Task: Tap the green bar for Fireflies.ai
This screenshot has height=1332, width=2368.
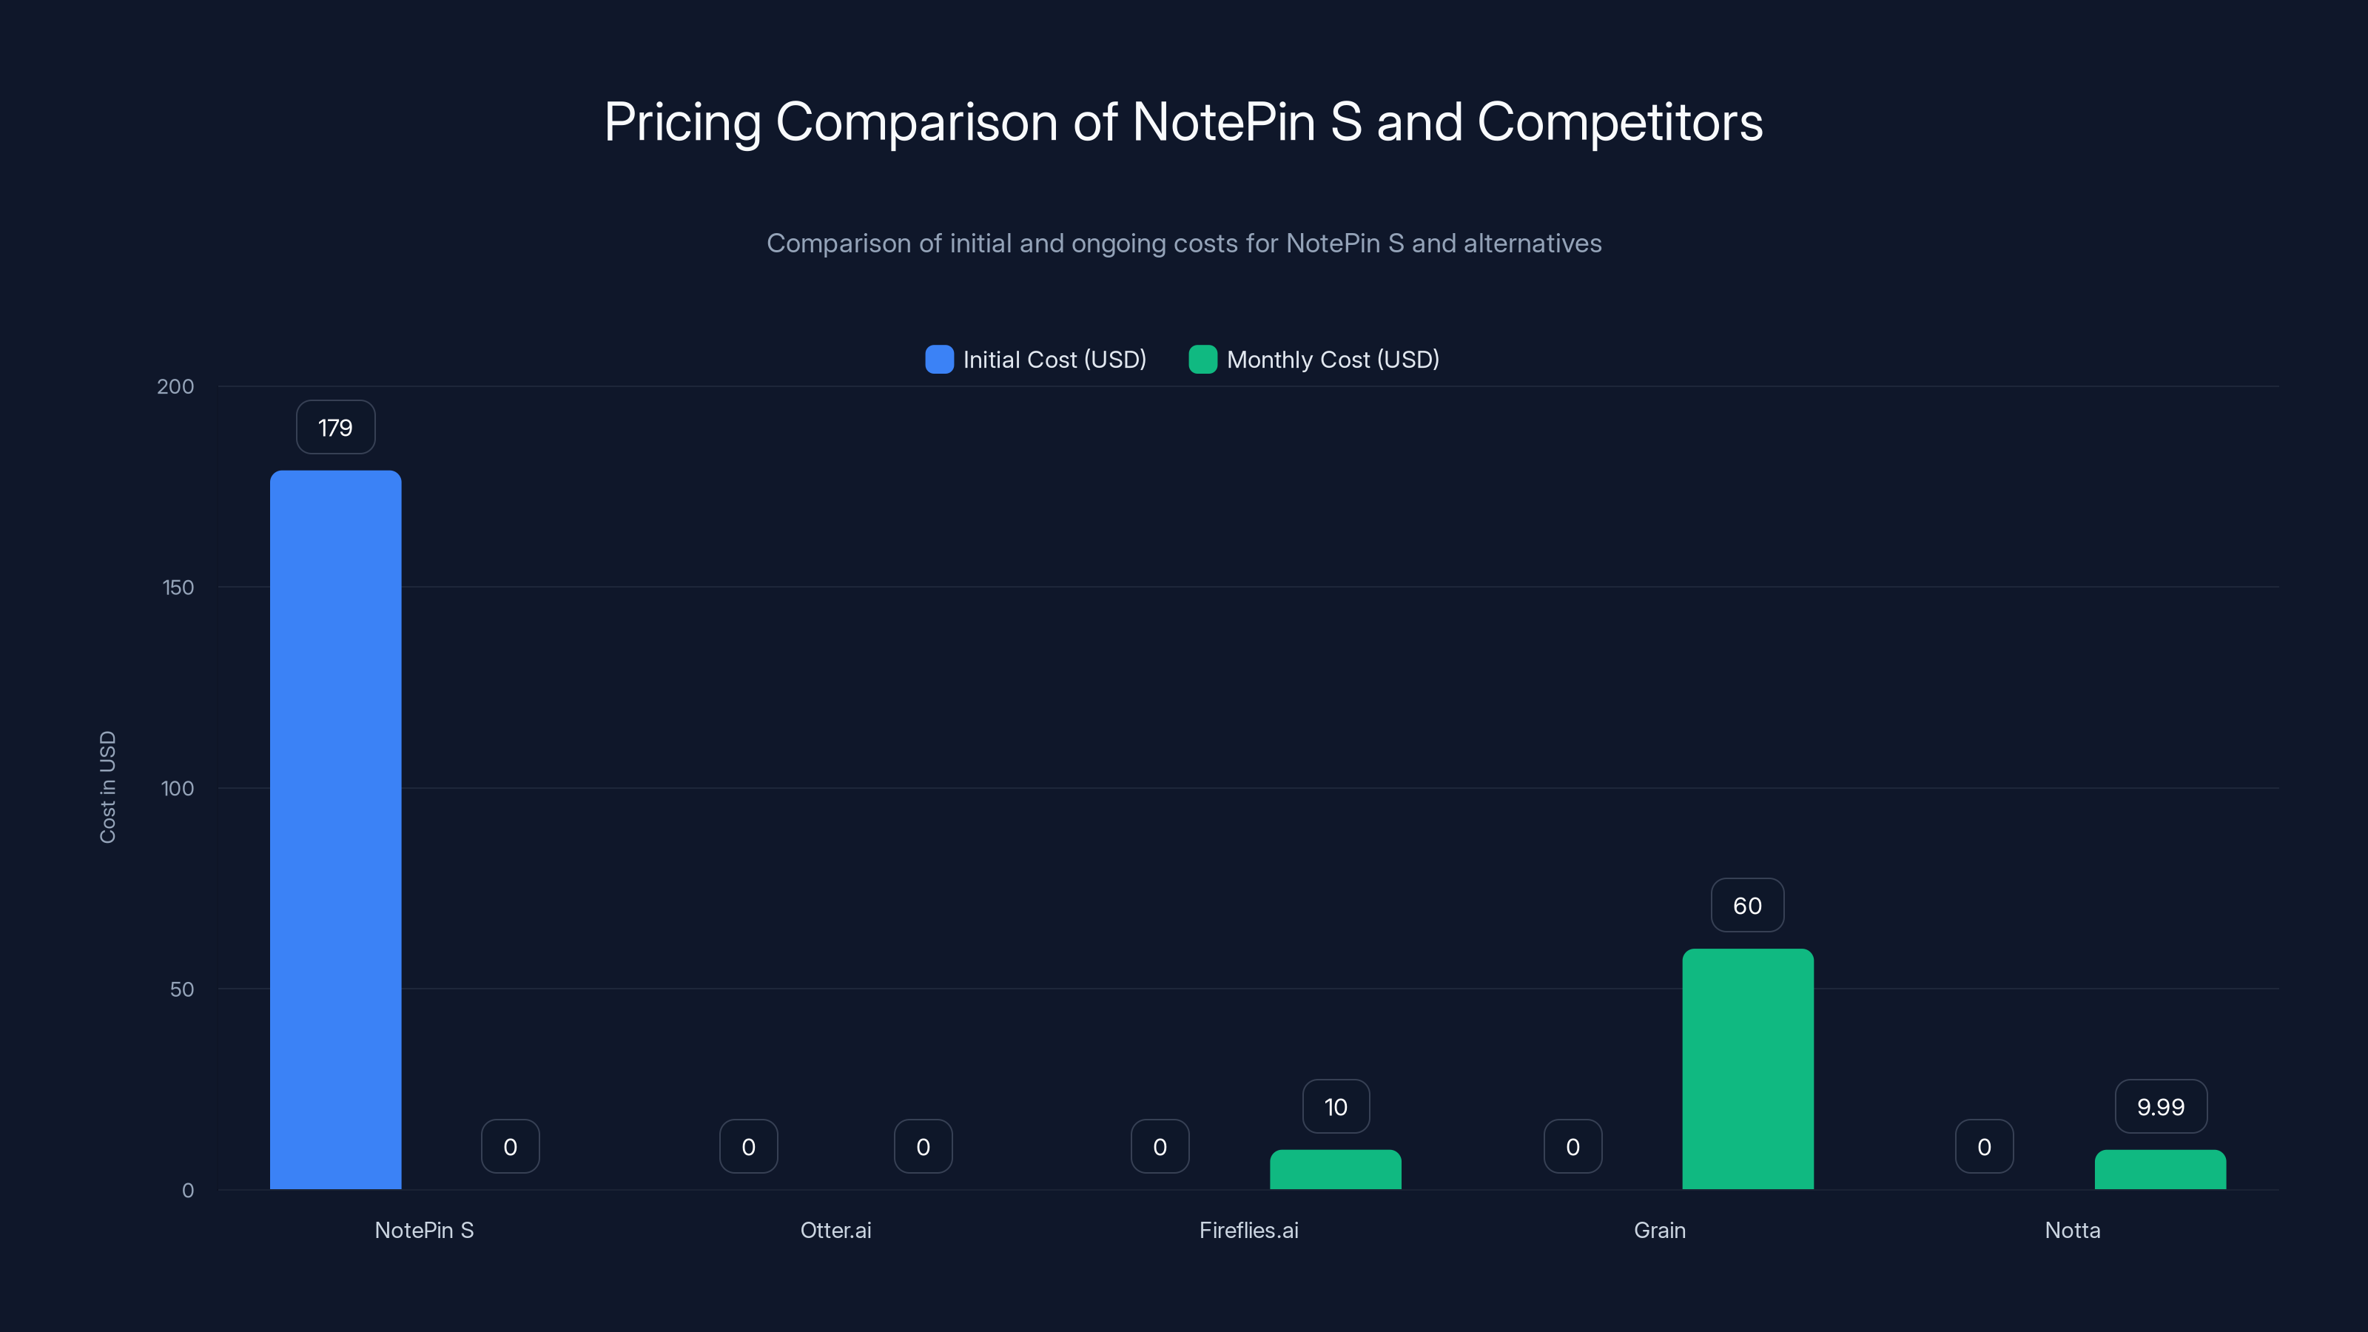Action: pos(1335,1169)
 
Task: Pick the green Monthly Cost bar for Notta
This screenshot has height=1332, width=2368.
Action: pos(2159,1169)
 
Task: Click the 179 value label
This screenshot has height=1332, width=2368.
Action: pos(335,428)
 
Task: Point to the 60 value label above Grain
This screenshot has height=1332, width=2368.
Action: pos(1747,906)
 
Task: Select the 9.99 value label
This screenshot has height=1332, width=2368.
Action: pos(2160,1107)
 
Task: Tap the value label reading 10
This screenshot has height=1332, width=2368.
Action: pos(1336,1107)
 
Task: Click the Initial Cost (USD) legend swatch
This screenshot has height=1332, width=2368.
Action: pos(938,360)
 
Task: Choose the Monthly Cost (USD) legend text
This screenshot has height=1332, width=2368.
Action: pos(1332,360)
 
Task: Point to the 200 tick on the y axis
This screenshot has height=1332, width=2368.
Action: pos(175,386)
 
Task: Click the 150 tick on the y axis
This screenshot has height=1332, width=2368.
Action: pos(178,588)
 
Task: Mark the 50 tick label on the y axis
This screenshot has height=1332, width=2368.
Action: pos(182,989)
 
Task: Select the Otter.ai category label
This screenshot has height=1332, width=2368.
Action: pos(835,1230)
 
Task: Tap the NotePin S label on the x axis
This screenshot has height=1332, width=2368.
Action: pos(424,1230)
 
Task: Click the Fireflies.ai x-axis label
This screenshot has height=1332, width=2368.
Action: pos(1248,1230)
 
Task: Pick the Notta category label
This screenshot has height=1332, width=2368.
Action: pos(2072,1230)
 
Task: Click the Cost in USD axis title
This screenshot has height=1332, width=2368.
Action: pos(107,787)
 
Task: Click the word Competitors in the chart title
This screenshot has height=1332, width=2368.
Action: pos(1619,122)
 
